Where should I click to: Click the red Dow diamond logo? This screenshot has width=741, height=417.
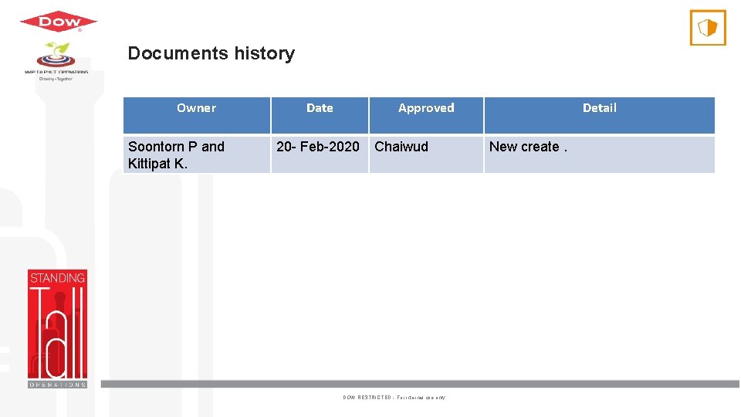coord(58,22)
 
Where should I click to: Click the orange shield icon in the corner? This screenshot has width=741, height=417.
coord(707,28)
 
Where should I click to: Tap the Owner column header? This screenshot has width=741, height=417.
coord(196,108)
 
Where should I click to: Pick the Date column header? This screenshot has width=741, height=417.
coord(320,108)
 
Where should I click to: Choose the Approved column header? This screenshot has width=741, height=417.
coord(426,108)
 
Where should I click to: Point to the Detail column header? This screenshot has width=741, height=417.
coord(599,108)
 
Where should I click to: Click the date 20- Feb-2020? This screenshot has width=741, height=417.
coord(318,147)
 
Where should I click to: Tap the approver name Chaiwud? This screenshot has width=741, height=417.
coord(401,147)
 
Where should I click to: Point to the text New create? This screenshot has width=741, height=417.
coord(524,147)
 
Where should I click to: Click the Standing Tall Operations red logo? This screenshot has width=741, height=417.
coord(57,328)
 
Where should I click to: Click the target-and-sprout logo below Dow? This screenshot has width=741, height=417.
coord(56,56)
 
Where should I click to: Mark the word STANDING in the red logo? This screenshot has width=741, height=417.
coord(57,278)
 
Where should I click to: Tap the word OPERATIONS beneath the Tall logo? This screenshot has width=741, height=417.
coord(57,384)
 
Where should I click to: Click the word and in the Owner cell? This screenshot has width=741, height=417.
coord(213,147)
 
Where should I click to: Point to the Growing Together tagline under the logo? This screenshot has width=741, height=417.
coord(56,79)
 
